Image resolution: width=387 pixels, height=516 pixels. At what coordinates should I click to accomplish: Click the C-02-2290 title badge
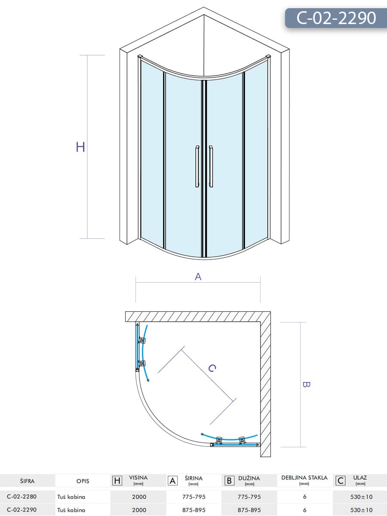(x=336, y=18)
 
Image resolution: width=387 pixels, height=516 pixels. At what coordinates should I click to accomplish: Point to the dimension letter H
(x=80, y=147)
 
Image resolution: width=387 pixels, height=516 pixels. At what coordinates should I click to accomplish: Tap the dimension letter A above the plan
(x=198, y=277)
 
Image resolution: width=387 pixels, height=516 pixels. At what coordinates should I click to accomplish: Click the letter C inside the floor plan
(x=212, y=368)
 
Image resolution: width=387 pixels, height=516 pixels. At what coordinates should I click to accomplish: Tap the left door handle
(x=197, y=166)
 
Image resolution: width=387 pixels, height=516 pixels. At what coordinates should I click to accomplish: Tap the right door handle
(x=211, y=166)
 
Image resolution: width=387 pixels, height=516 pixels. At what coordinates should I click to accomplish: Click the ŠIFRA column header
(x=27, y=481)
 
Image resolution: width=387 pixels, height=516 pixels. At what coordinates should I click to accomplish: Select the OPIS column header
(x=83, y=481)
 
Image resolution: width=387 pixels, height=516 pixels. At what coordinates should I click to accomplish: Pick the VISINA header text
(x=138, y=478)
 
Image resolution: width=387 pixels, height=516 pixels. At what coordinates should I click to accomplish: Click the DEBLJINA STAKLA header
(x=304, y=478)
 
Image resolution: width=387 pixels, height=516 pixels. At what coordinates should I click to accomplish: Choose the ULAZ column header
(x=360, y=478)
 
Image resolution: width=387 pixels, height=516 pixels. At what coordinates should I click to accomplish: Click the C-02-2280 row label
(x=22, y=497)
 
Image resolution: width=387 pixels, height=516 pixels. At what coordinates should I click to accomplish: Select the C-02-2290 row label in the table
(x=22, y=510)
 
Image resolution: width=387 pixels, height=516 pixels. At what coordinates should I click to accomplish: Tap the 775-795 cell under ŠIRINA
(x=194, y=497)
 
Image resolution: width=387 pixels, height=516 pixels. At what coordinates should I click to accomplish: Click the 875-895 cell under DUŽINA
(x=249, y=510)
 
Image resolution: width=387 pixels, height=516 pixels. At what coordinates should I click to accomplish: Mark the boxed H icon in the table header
(x=117, y=480)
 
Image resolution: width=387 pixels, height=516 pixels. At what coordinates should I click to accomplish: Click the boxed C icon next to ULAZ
(x=340, y=480)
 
